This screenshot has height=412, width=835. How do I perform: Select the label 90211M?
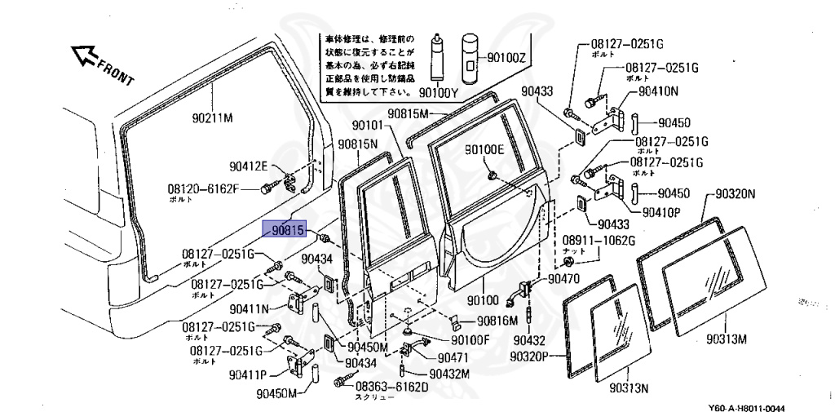[x=213, y=117]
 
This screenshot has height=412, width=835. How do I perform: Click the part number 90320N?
[x=736, y=194]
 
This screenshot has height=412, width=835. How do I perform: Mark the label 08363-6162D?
[x=391, y=386]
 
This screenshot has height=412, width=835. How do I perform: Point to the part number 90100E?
[x=484, y=149]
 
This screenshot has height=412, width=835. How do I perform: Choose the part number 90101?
[x=371, y=126]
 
